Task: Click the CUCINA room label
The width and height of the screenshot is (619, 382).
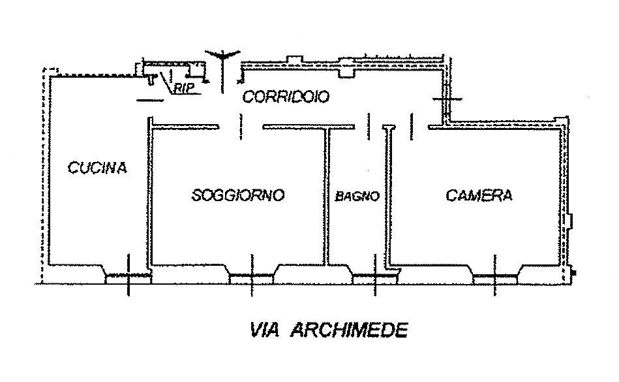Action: pos(97,168)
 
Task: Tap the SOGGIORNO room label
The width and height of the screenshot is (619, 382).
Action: pos(238,195)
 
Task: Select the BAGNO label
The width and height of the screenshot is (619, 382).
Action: pos(357,196)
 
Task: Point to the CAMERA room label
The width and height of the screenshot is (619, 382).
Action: pos(479,195)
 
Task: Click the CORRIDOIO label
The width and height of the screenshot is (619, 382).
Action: pos(286,97)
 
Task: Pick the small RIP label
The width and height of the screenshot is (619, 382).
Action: pos(185,89)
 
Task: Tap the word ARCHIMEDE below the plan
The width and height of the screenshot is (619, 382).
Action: pos(349,330)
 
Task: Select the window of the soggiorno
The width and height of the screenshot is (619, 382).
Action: pos(251,278)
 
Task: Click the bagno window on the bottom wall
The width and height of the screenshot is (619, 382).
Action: pos(374,278)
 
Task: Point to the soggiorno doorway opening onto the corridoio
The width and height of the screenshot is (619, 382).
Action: pos(240,126)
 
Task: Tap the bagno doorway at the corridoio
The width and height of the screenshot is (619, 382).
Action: pos(369,126)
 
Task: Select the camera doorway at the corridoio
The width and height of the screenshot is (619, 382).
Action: pos(412,126)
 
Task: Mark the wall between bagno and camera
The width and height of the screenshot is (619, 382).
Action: pos(389,196)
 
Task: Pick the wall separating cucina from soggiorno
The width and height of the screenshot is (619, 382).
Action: pos(149,196)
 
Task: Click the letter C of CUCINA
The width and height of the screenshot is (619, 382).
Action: pos(72,168)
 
